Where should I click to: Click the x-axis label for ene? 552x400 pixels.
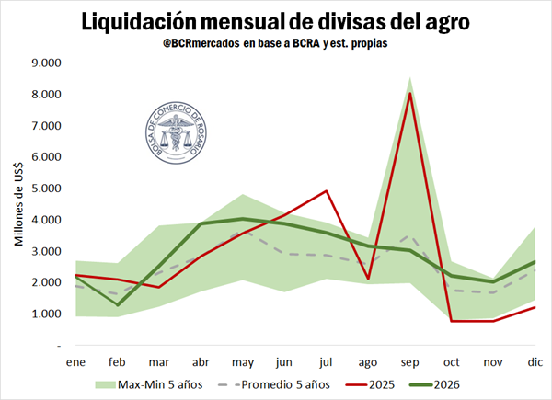point(75,362)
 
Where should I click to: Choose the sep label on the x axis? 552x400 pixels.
point(409,362)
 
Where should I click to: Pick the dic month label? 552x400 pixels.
point(535,362)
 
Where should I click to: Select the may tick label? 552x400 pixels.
point(242,362)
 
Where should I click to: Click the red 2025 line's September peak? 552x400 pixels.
point(409,94)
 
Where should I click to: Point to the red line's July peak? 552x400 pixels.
point(326,191)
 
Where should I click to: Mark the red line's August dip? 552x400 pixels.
point(367,278)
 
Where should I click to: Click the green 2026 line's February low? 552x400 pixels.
point(117,304)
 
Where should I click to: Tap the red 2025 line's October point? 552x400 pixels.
point(451,321)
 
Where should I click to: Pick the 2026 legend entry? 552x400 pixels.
point(479,384)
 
